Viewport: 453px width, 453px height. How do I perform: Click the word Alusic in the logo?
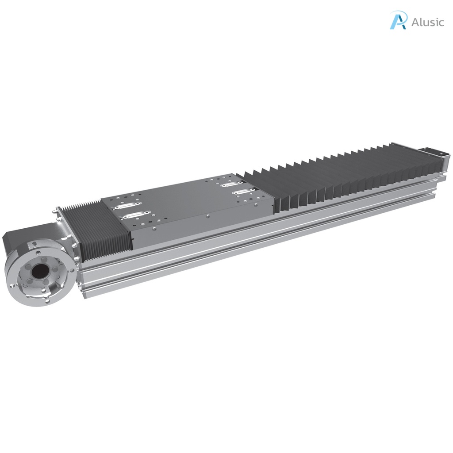[x=427, y=22]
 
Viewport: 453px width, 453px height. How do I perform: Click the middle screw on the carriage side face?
[x=208, y=216]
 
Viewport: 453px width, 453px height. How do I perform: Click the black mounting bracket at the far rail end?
[x=435, y=153]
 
